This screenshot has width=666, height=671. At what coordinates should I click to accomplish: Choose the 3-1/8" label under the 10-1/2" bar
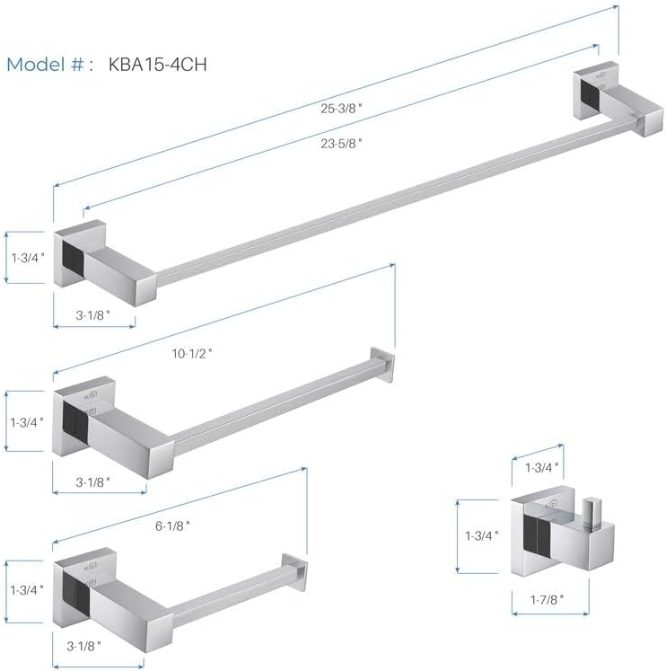click(x=92, y=481)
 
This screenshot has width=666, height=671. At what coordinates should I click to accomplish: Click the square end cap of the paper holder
click(x=294, y=569)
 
